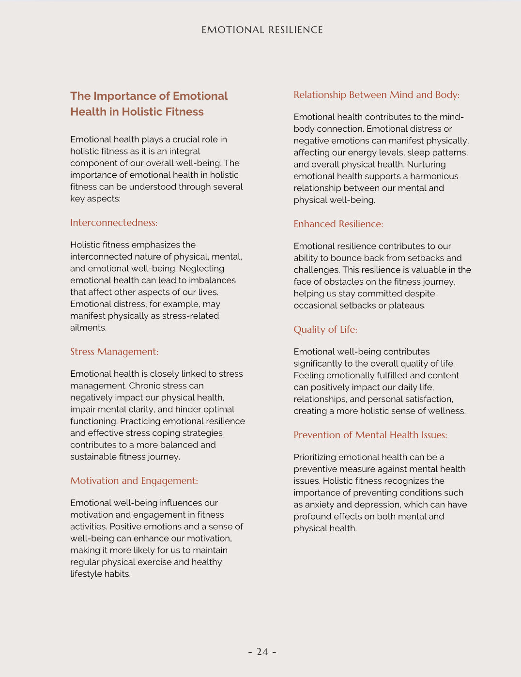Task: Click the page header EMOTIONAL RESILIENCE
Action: pos(262,30)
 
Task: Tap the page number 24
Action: pos(262,652)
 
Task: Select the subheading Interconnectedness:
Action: pos(114,223)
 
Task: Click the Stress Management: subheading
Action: pos(114,352)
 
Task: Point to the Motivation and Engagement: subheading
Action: pos(134,481)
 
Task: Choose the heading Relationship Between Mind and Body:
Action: pos(376,95)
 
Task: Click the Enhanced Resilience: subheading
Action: pos(338,224)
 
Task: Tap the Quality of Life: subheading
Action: pos(325,330)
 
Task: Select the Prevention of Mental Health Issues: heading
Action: pos(370,435)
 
